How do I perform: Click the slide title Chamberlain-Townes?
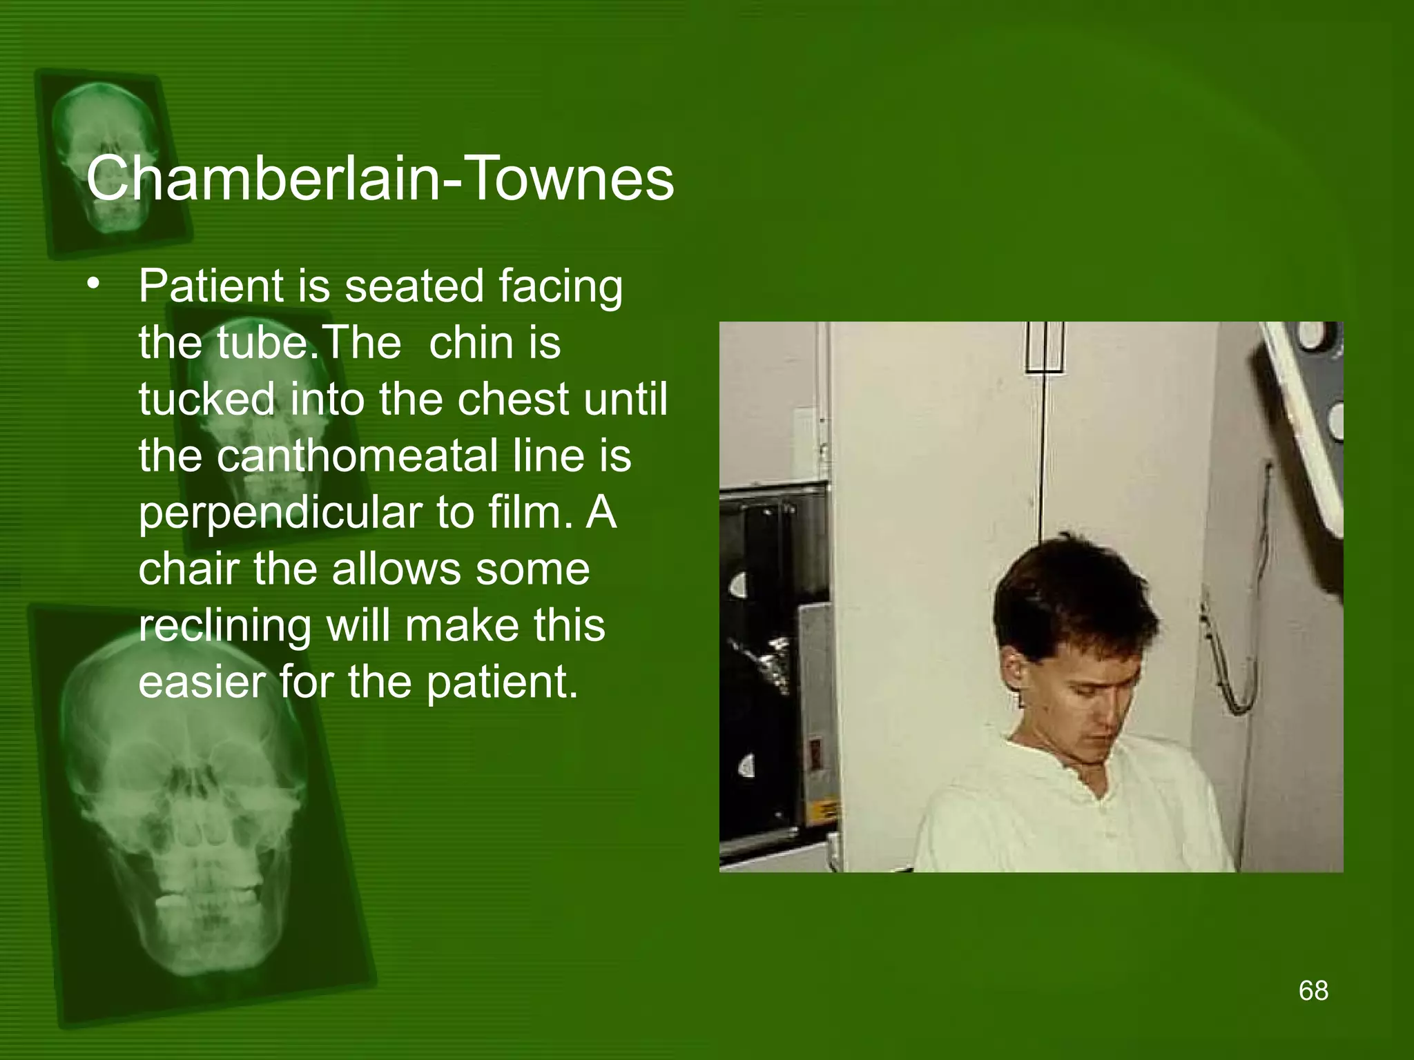pyautogui.click(x=380, y=179)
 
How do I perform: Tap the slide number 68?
pyautogui.click(x=1313, y=990)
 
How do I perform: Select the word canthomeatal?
pyautogui.click(x=356, y=456)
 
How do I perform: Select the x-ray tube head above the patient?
pyautogui.click(x=1305, y=414)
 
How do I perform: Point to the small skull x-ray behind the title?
pyautogui.click(x=107, y=159)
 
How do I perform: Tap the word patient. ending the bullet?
pyautogui.click(x=501, y=683)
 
